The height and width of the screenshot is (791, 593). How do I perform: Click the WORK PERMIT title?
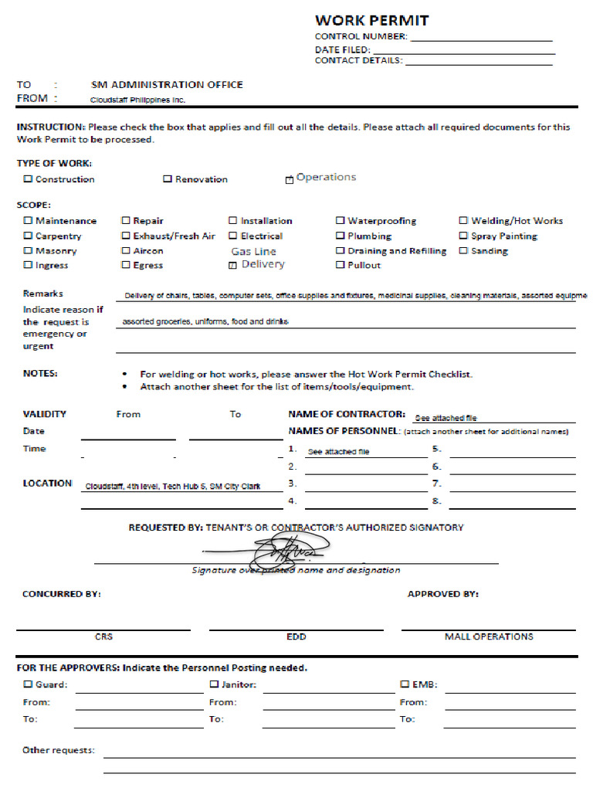pos(371,20)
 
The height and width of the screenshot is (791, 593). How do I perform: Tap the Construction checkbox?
pos(28,179)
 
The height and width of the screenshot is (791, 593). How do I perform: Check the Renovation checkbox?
pos(168,179)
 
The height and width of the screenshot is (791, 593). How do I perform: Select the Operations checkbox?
pos(290,179)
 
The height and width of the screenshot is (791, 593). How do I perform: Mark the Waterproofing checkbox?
pos(340,221)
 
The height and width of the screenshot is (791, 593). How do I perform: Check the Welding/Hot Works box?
pos(463,221)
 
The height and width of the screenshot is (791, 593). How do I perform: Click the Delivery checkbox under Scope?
pos(233,265)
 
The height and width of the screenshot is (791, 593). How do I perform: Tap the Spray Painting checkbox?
pos(463,236)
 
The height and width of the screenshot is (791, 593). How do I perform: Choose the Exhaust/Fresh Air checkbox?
pos(126,236)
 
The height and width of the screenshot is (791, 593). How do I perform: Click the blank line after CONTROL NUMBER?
pos(481,38)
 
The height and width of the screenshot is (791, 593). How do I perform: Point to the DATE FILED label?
pos(342,49)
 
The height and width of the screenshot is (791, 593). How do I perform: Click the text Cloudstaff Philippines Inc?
pos(138,100)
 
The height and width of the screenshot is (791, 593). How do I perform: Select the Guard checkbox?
pos(28,684)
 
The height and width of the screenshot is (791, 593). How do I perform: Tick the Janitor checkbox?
pos(214,684)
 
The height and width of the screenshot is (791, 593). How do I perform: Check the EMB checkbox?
pos(405,684)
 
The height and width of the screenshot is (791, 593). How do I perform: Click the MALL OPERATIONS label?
pos(488,637)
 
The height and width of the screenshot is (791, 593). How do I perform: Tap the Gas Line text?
pos(253,251)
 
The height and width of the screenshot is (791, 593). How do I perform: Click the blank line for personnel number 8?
pos(512,507)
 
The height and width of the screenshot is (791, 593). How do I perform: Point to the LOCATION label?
pos(47,484)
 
